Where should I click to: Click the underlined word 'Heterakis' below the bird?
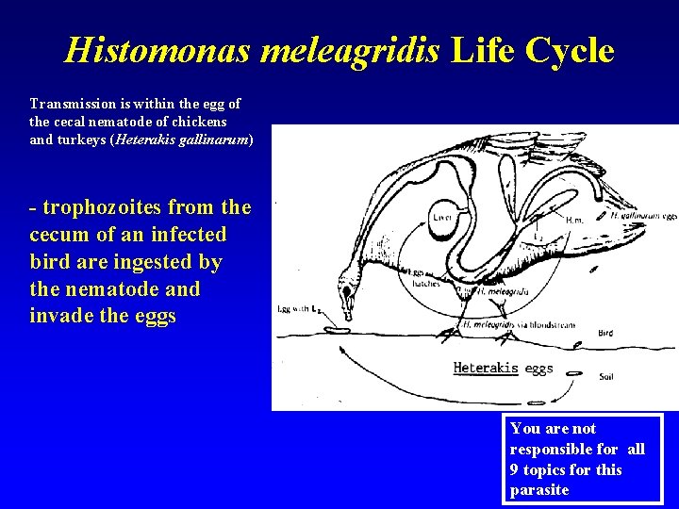pos(486,368)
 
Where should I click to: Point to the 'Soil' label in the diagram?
pos(608,377)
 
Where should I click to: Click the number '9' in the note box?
pos(515,469)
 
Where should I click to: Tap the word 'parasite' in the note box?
pos(539,489)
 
